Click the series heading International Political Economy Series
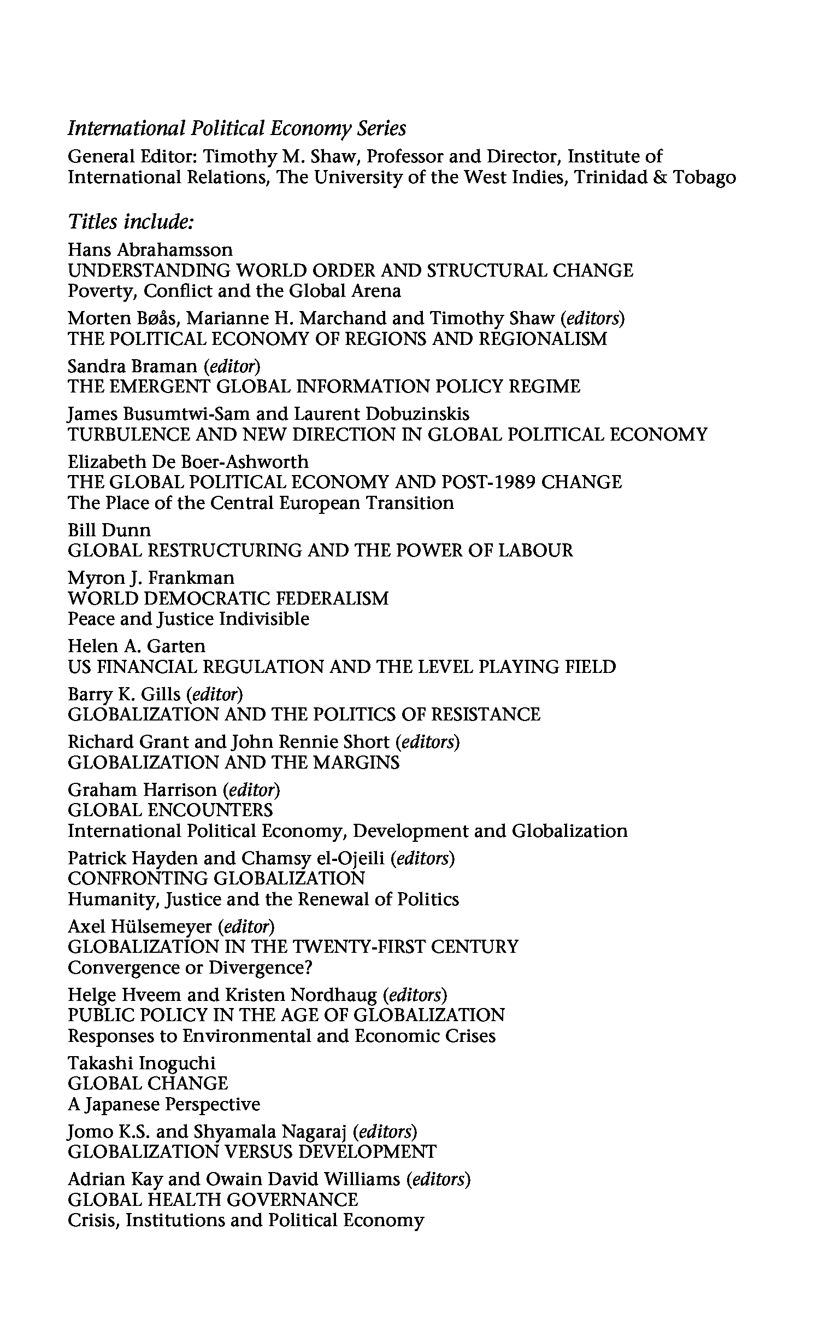(x=237, y=128)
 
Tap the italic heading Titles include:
(x=131, y=222)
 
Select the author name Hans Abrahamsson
(x=150, y=250)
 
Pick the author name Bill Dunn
(x=109, y=530)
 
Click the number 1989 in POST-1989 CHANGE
(x=508, y=482)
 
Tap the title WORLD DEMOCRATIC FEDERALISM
(x=228, y=598)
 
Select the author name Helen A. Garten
(x=137, y=646)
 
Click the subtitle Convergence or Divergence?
(x=190, y=967)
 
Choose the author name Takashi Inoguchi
(x=142, y=1063)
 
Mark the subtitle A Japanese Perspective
(x=163, y=1104)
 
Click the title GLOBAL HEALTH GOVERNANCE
(x=213, y=1199)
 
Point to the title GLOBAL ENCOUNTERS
(x=170, y=810)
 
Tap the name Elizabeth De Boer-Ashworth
(x=188, y=461)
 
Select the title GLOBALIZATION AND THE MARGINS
(x=233, y=762)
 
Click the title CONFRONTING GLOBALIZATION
(x=216, y=878)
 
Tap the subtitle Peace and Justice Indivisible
(x=188, y=619)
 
